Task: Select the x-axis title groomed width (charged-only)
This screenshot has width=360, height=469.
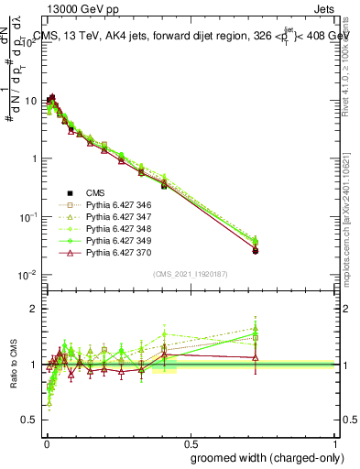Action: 264,456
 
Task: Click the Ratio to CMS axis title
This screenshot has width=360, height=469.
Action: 13,365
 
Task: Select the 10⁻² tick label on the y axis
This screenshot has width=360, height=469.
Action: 28,275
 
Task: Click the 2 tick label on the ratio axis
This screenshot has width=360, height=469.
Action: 34,309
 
